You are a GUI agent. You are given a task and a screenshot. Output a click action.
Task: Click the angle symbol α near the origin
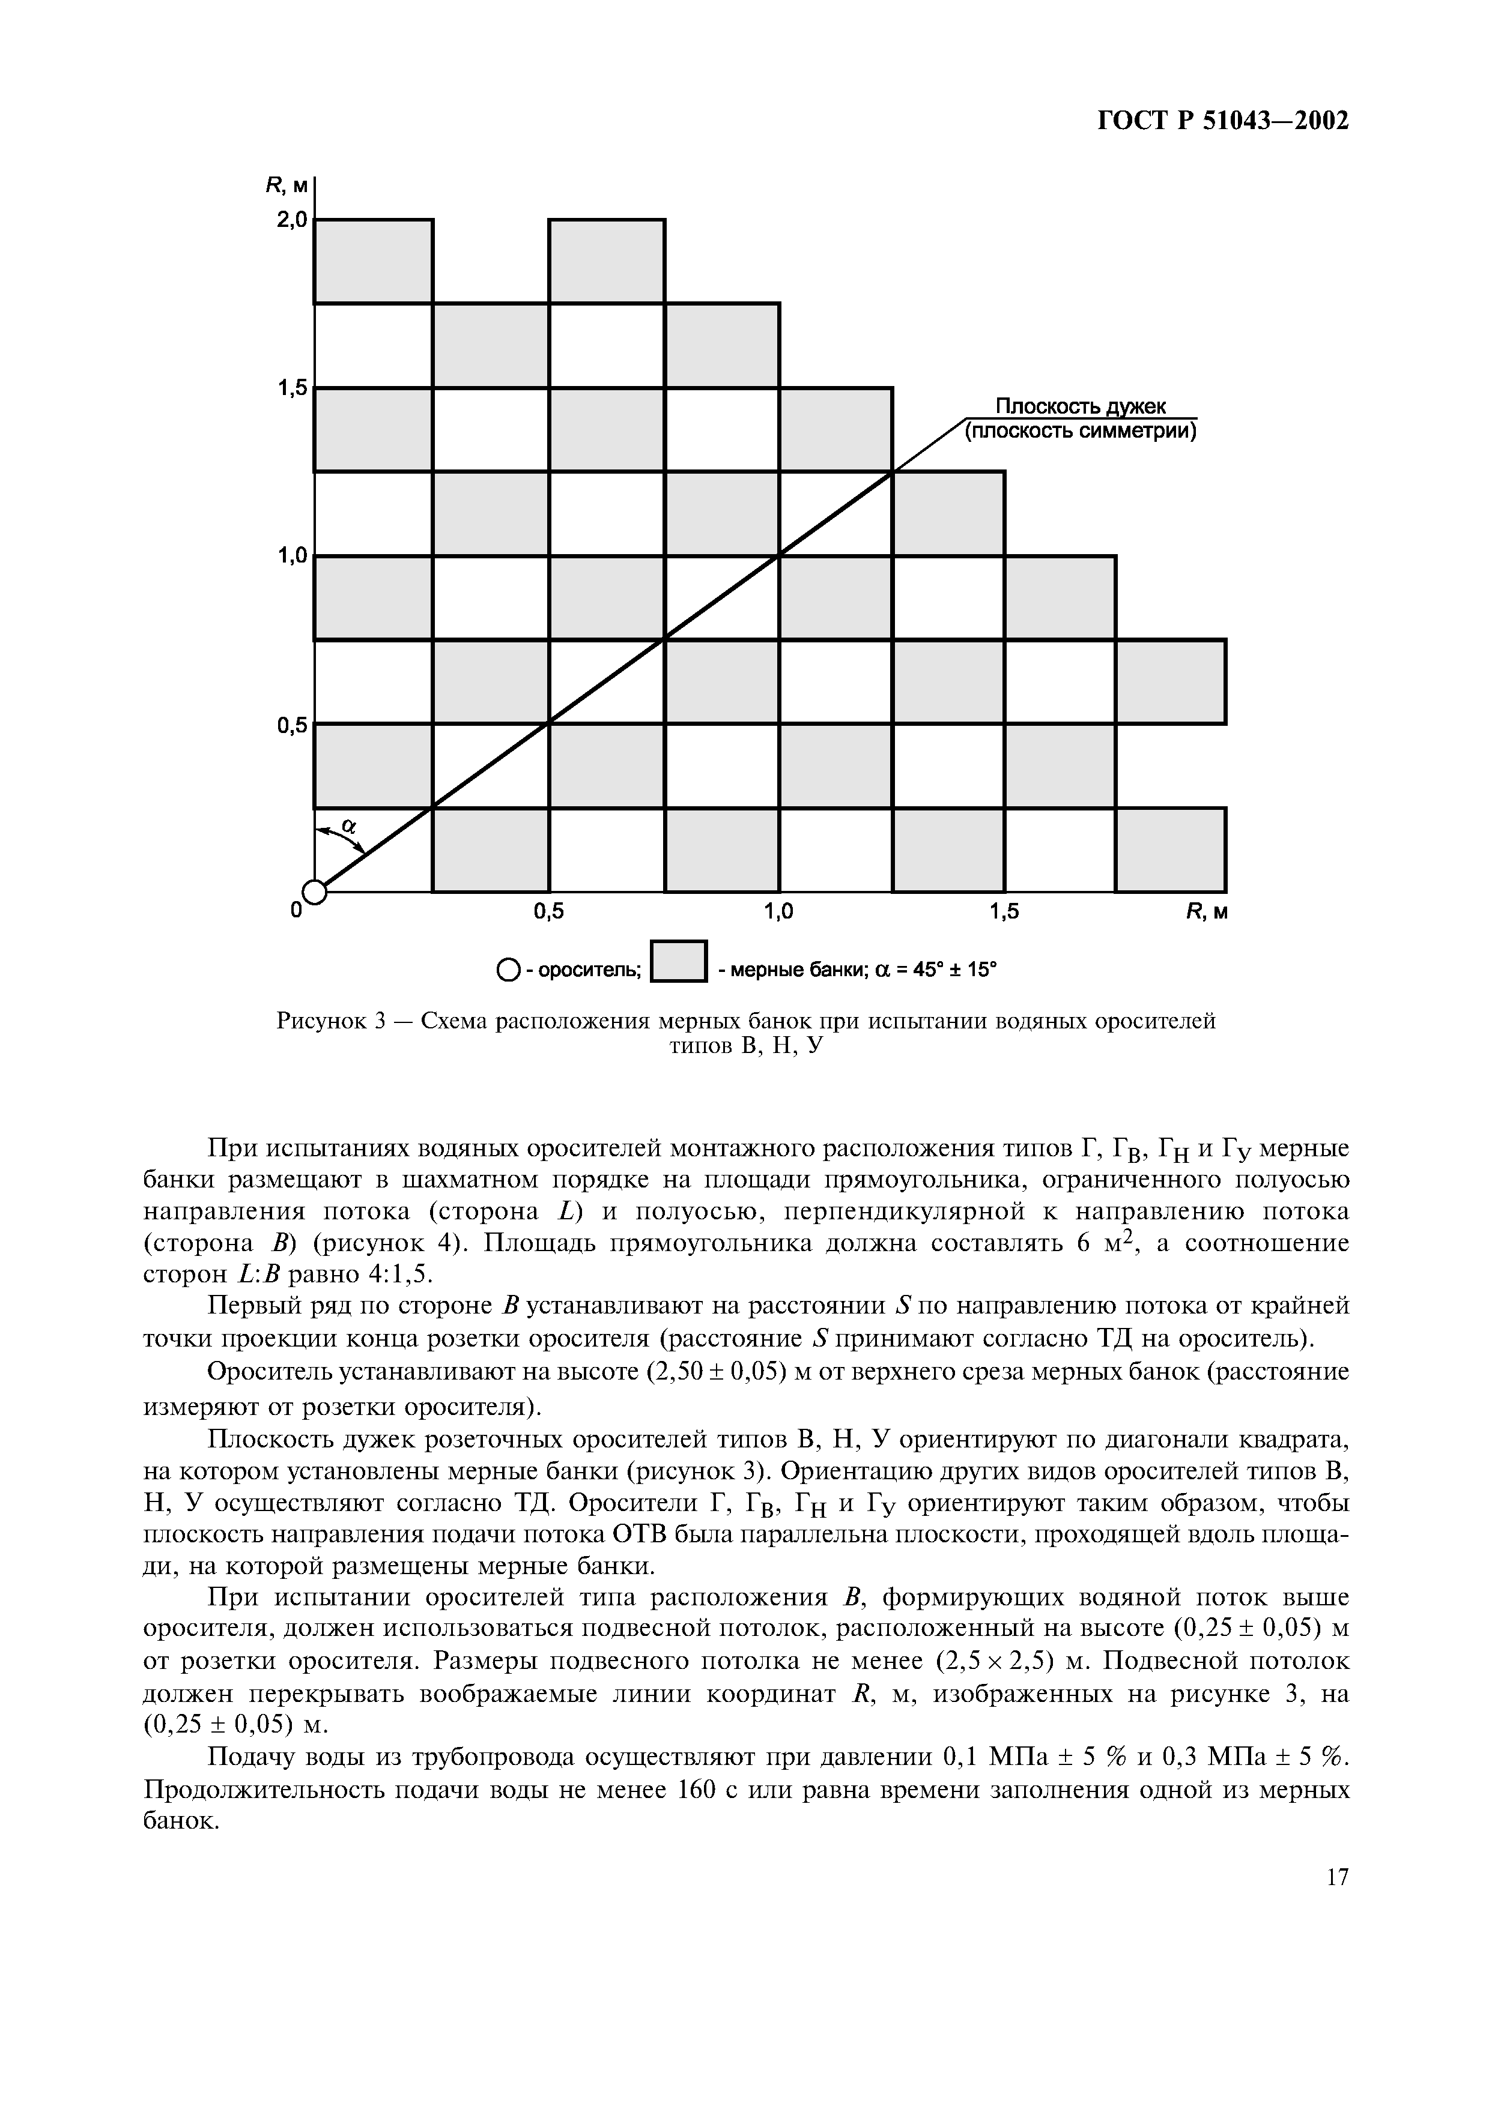(x=348, y=827)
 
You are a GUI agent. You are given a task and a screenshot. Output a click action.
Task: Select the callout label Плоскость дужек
(x=1081, y=406)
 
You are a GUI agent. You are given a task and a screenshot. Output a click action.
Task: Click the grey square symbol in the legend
(x=678, y=962)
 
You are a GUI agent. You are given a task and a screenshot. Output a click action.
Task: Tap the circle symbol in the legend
(x=506, y=970)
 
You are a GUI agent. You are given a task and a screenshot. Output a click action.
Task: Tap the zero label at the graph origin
(x=296, y=911)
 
